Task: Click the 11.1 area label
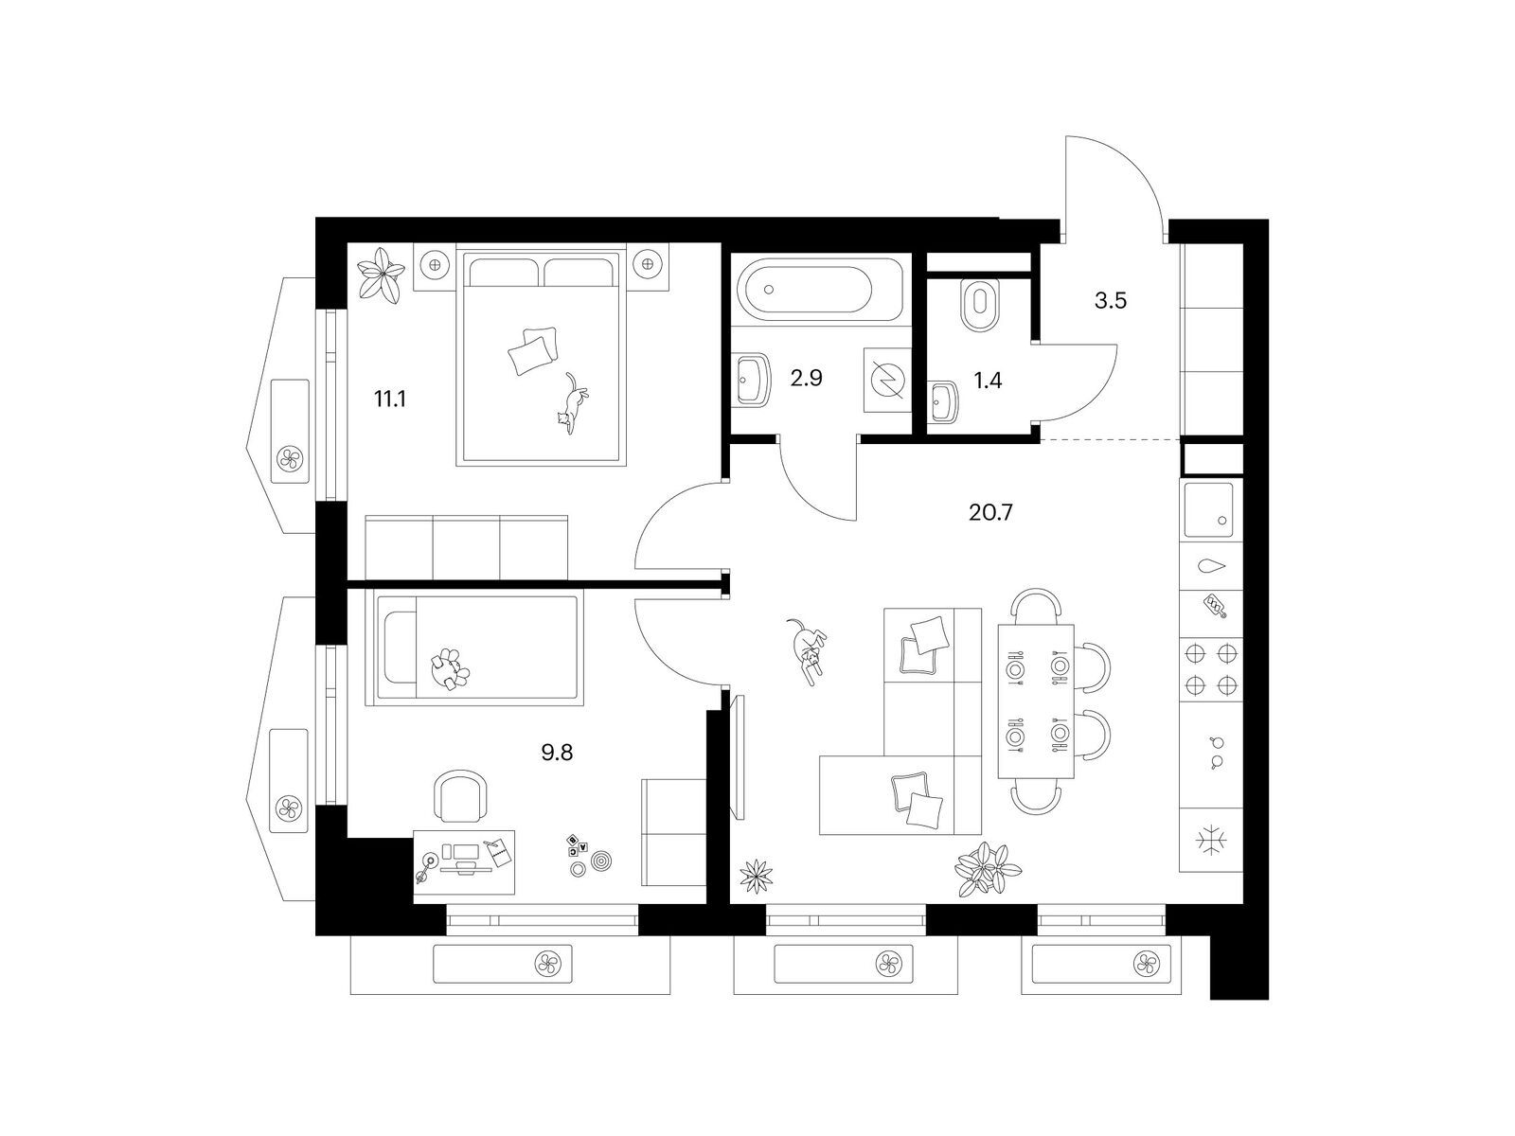(390, 399)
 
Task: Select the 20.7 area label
(990, 512)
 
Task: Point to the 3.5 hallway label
(1111, 301)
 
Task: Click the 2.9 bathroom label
(806, 378)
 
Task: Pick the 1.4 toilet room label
(988, 380)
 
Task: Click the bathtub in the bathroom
(821, 290)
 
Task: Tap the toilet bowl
(979, 305)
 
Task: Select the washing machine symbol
(887, 380)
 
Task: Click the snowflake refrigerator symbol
(1211, 842)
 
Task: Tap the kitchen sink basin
(1208, 509)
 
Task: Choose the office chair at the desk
(460, 796)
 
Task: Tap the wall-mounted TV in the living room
(740, 756)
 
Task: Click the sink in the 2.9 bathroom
(751, 380)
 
